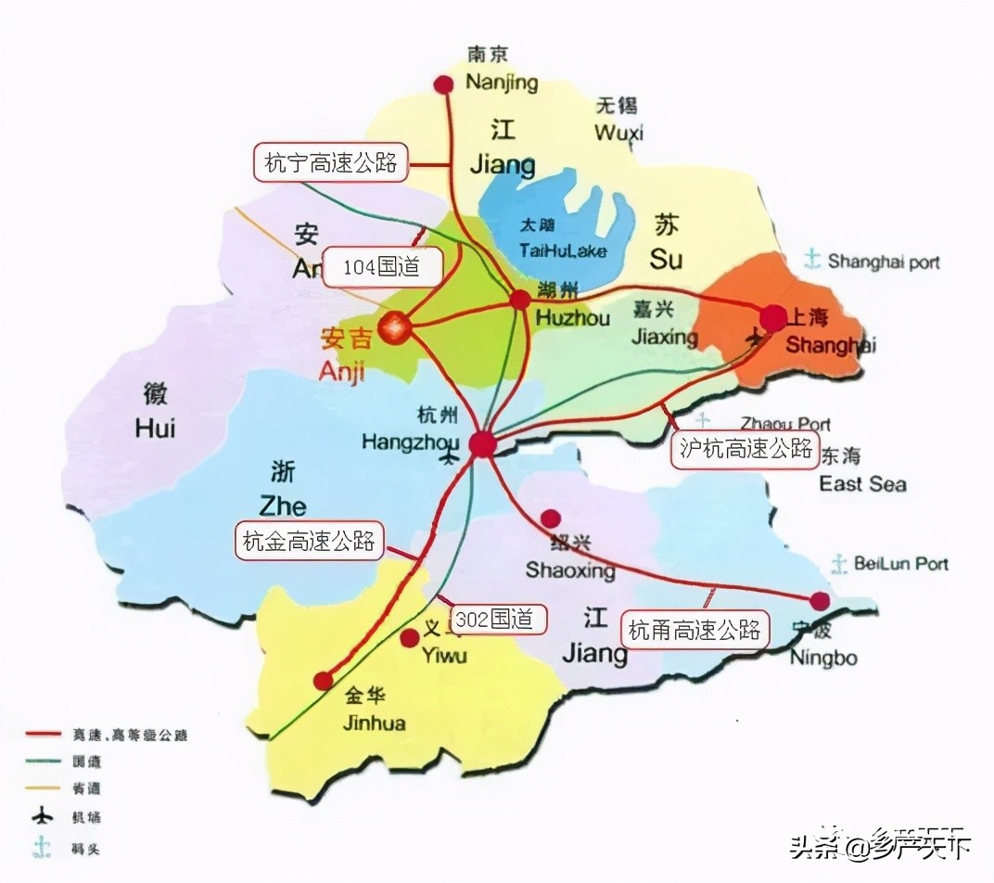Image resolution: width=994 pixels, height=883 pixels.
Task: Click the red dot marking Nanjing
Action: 444,84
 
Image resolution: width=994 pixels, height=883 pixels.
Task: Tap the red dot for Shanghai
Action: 773,318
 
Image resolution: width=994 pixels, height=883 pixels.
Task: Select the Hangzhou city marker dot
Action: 482,444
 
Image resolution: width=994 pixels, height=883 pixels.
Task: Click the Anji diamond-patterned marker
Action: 396,326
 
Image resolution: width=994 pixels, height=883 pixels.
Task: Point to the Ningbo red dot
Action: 820,600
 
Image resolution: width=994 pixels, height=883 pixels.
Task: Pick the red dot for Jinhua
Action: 323,681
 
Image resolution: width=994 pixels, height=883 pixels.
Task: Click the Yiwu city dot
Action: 409,638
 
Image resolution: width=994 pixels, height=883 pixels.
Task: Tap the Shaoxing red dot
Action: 551,518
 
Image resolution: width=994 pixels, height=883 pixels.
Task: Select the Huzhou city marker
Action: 520,299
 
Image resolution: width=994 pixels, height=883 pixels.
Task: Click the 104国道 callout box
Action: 382,268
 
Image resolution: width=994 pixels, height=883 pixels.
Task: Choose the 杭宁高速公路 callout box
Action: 330,163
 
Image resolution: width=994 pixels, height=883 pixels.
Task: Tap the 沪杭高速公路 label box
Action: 745,450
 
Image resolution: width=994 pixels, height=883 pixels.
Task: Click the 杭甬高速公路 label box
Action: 695,631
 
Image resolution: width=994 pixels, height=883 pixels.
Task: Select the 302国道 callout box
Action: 496,620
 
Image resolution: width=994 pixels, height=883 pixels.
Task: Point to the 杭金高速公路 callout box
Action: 309,542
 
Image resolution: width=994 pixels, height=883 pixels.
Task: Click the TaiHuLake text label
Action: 551,250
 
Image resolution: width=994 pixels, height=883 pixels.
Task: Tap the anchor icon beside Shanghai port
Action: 812,260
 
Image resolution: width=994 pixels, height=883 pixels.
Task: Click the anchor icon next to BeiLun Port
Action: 839,563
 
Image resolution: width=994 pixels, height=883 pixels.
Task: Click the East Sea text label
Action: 862,483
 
